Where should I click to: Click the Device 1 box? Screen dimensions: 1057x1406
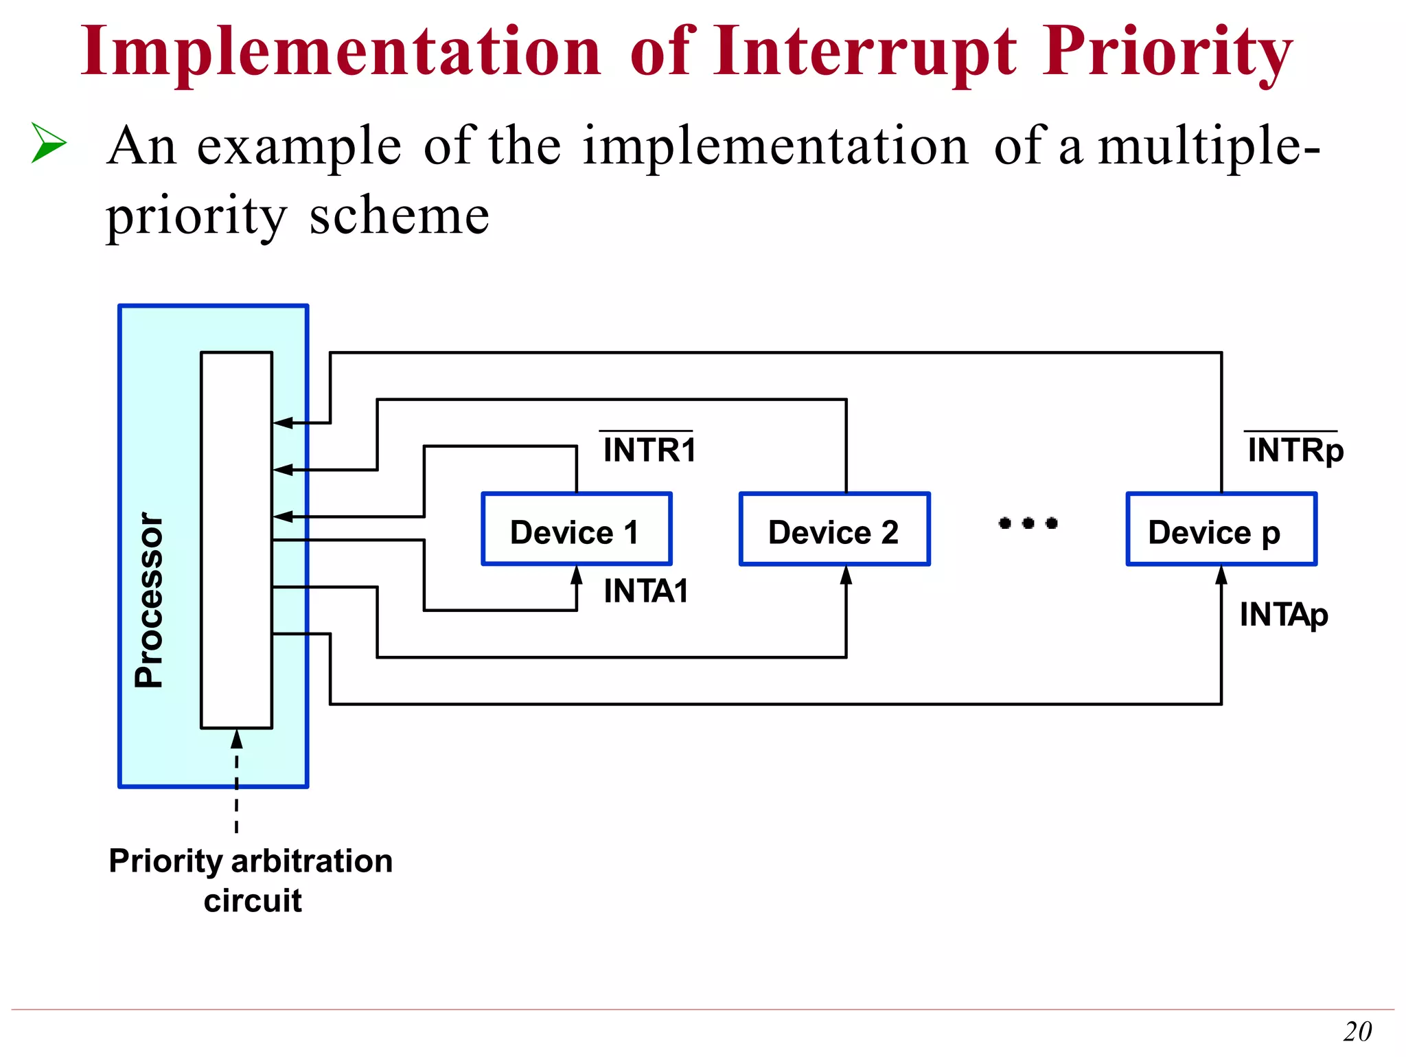pos(576,530)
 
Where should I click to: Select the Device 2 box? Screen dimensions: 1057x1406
pos(834,530)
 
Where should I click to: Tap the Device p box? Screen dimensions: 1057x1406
pos(1221,530)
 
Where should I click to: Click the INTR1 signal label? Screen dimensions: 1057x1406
pos(649,450)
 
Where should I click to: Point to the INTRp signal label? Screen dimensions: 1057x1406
pos(1295,451)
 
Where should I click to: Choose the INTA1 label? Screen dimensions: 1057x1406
pos(645,591)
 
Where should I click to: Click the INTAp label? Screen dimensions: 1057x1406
pos(1283,615)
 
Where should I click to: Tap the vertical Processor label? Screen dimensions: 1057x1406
pos(149,599)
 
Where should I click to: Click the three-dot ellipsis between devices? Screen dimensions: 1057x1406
pos(1028,523)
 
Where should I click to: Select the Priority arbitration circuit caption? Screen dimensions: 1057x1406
pos(251,880)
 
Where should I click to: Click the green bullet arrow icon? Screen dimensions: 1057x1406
pos(49,143)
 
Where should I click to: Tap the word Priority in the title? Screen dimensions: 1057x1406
pos(1167,52)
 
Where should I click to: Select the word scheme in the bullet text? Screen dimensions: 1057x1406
pos(400,216)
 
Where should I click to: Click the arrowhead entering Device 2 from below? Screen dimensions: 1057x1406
pos(846,576)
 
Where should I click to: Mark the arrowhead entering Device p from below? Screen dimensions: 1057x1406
pos(1221,576)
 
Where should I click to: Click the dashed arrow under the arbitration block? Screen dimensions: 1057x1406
pos(237,780)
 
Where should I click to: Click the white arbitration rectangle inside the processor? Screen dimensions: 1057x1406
pos(236,540)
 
